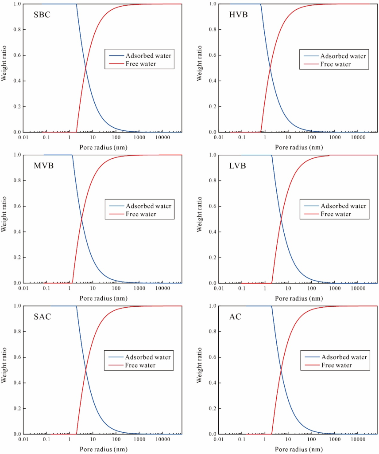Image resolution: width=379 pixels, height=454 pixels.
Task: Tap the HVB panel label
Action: coord(238,15)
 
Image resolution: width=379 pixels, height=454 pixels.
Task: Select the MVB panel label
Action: coord(43,166)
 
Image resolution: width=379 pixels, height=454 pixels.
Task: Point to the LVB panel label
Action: coord(238,166)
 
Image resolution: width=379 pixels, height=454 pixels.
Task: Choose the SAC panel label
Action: coord(42,317)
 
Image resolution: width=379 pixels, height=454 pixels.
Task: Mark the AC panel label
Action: coord(235,317)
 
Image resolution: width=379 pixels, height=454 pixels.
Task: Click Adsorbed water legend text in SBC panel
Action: coord(148,55)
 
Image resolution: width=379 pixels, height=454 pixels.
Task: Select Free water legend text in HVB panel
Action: coord(336,64)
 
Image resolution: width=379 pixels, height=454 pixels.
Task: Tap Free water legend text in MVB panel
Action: coord(141,215)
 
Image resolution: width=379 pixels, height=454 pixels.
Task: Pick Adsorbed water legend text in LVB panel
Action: coord(344,206)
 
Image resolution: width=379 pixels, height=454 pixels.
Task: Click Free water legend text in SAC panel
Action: coord(140,365)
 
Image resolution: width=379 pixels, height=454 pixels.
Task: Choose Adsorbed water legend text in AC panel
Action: coord(344,357)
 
